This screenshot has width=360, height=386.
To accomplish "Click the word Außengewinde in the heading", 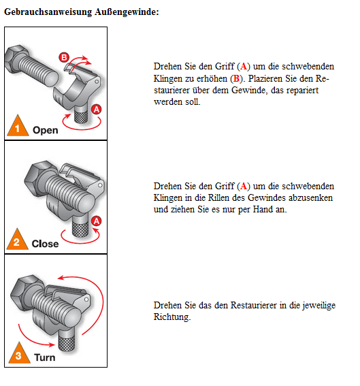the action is pos(127,12).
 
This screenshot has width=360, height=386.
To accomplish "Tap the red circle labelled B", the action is pos(64,57).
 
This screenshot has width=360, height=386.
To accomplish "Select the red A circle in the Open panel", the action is pos(97,110).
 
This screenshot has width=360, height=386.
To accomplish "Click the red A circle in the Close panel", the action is pos(97,221).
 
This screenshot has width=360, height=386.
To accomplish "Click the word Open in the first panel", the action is pos(46,130).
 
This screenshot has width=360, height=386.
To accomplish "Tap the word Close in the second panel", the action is pos(46,244).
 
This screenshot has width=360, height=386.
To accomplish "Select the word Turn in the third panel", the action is pos(45,357).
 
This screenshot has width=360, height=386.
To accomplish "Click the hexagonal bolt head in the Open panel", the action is pos(16,59).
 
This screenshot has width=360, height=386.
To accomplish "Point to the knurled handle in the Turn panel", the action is pos(66,340).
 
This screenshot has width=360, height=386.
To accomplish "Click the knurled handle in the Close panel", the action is pos(80,227).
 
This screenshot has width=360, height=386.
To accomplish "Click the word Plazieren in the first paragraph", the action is pos(265,79).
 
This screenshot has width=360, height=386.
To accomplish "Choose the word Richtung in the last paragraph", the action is pos(172,317).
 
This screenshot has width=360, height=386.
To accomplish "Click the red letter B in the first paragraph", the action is pos(236,78).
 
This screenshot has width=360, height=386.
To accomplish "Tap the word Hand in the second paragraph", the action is pos(263,209).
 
